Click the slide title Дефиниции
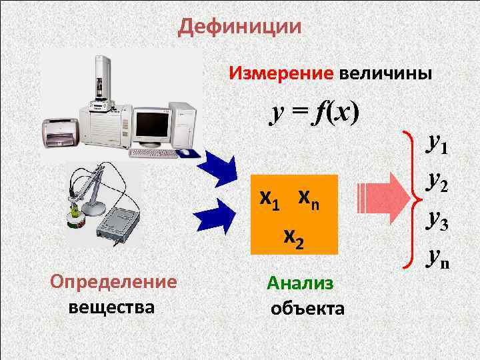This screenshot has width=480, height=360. pos(240,27)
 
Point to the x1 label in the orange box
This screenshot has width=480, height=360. pos(270,199)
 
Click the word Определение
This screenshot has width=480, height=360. pos(114,281)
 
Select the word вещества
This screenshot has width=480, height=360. pos(111,307)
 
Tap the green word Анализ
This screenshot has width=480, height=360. pos(299,283)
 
